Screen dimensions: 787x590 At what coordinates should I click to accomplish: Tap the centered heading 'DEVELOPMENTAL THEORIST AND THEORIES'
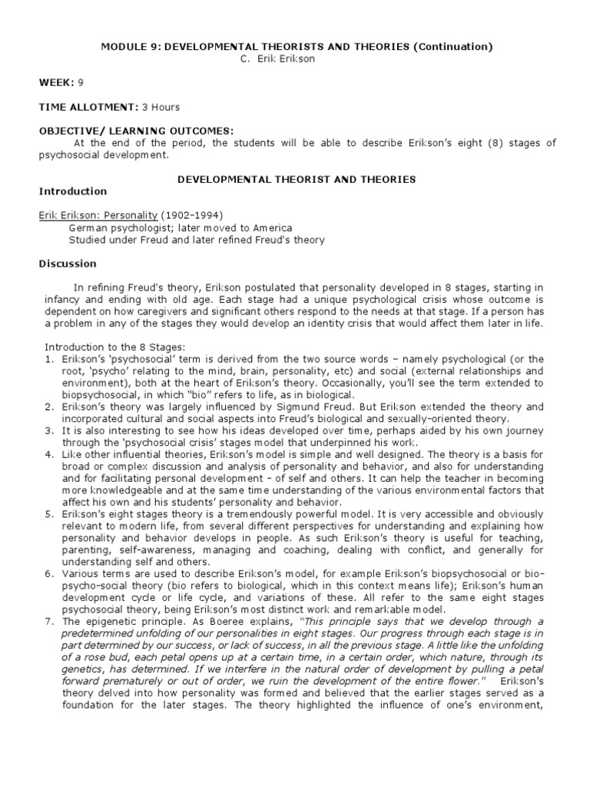[297, 179]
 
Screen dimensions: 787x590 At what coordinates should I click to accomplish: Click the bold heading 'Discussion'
[68, 264]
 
